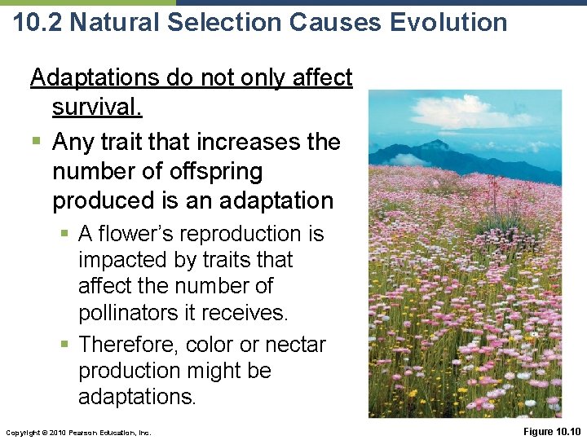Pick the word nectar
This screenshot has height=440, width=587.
tap(292, 345)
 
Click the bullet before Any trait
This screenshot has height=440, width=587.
tap(35, 143)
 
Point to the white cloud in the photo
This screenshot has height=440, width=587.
tap(505, 118)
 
